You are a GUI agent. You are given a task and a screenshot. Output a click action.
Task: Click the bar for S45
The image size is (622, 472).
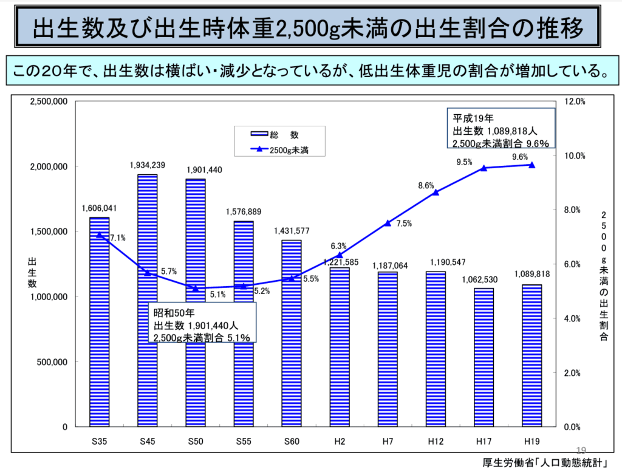148,301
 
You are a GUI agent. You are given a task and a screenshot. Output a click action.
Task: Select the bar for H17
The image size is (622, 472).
484,357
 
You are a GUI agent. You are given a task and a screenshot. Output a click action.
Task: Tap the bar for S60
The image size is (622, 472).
292,333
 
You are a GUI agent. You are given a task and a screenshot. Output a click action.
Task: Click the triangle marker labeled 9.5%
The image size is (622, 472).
484,168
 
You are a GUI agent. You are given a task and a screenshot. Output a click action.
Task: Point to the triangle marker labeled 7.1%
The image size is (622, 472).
99,235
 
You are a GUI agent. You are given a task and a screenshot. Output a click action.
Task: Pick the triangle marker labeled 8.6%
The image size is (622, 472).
436,193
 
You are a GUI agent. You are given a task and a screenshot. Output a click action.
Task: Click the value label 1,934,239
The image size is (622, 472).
148,165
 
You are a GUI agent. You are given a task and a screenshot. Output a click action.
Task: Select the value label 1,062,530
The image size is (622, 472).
480,279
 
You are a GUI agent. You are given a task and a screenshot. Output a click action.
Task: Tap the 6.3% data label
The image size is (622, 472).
339,246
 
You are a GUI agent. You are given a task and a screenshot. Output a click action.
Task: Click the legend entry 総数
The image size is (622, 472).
275,135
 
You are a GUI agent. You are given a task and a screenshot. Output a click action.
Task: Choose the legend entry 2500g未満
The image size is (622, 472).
279,150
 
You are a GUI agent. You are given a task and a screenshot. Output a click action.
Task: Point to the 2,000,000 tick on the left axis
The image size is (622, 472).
49,166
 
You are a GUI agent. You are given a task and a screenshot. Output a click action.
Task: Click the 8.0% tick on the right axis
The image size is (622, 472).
572,210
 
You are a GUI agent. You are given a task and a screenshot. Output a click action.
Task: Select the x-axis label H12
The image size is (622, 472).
436,442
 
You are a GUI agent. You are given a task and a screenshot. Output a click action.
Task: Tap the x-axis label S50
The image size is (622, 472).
196,442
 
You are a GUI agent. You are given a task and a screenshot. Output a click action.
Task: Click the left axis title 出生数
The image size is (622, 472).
32,273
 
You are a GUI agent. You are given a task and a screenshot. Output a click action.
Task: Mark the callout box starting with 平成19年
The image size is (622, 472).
501,128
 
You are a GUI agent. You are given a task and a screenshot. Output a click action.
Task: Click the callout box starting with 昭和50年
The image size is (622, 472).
202,323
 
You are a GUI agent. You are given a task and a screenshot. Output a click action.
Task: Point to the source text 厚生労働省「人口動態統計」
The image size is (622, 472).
545,463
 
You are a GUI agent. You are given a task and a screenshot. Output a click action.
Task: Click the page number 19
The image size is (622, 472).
581,450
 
